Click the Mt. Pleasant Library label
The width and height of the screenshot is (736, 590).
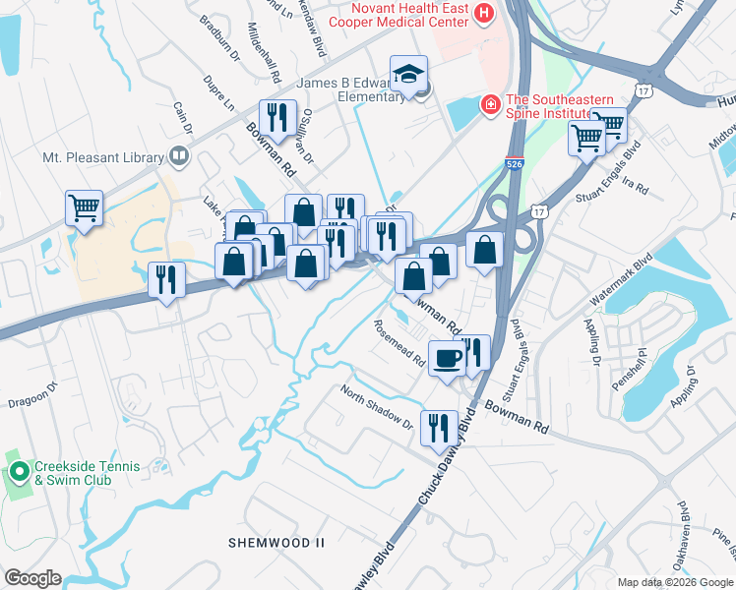click(x=103, y=155)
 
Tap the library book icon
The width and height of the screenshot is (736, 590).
click(x=179, y=155)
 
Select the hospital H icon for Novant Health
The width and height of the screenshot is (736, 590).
click(x=484, y=13)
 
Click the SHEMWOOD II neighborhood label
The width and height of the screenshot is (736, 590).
click(x=276, y=542)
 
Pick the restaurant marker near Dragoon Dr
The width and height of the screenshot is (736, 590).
click(x=166, y=279)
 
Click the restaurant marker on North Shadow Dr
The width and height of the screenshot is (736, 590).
click(x=438, y=427)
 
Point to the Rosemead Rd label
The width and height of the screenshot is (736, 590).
click(x=399, y=344)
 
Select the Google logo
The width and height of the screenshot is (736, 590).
click(x=32, y=578)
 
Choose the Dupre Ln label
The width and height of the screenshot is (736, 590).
click(x=218, y=93)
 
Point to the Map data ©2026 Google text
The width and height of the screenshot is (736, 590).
click(x=675, y=581)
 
